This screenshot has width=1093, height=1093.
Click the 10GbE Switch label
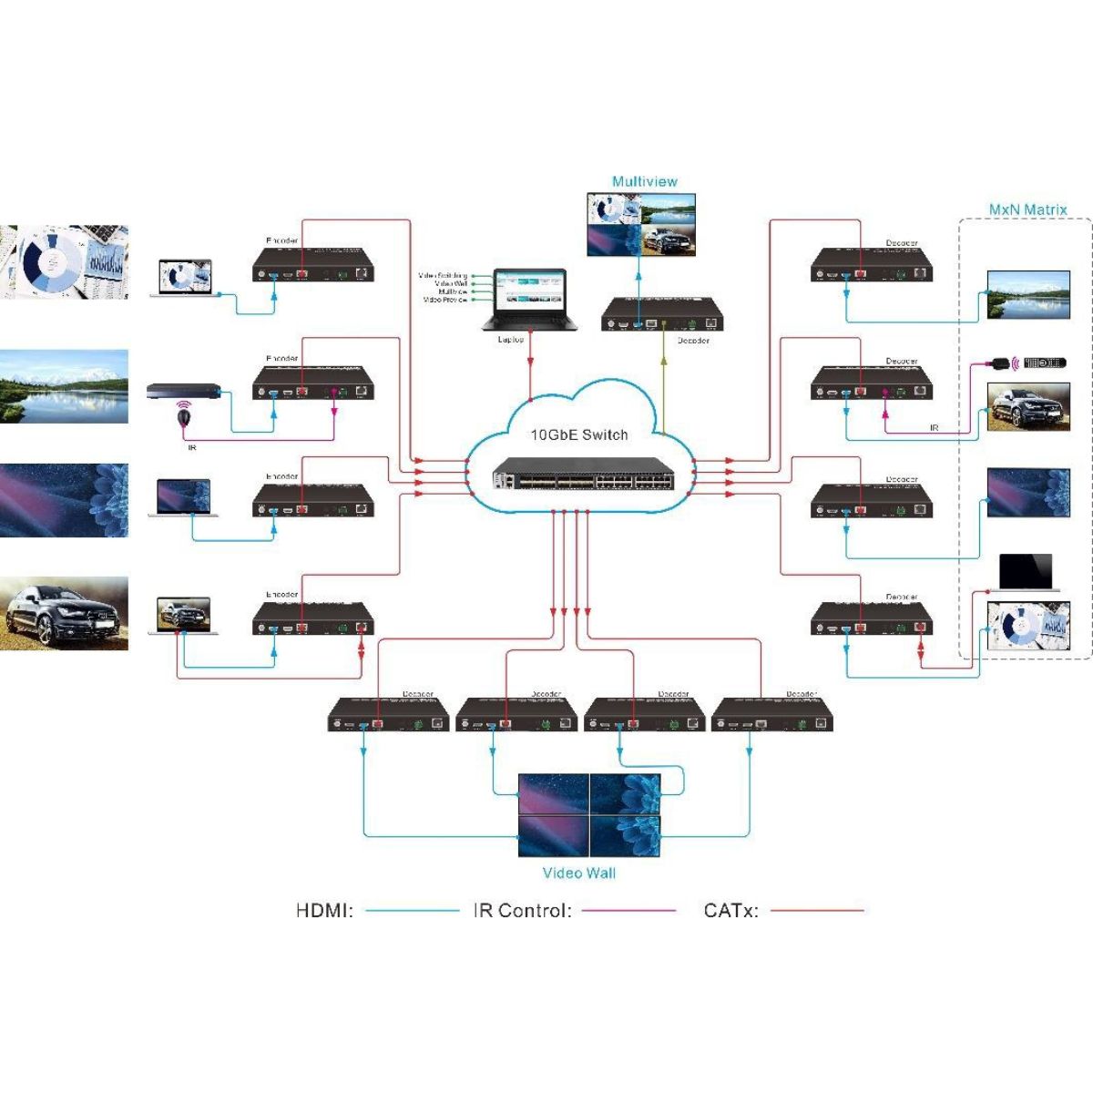(x=579, y=434)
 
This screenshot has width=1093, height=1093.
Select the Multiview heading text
(x=644, y=181)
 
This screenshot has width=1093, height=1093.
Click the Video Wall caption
(x=579, y=873)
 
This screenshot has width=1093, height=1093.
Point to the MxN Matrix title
(x=1027, y=209)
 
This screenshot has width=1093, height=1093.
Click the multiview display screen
(x=645, y=225)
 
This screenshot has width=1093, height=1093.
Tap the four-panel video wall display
(x=588, y=814)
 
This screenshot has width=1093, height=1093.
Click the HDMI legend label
(x=324, y=910)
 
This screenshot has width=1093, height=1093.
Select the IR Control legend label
(x=522, y=910)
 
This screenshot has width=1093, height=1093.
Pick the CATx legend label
(x=730, y=910)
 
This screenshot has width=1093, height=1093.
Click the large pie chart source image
(x=64, y=261)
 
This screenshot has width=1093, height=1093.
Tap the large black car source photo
(x=64, y=612)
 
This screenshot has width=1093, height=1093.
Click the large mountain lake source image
(x=64, y=386)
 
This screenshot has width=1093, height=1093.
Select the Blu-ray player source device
(x=183, y=391)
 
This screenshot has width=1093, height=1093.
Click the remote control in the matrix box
(x=1044, y=363)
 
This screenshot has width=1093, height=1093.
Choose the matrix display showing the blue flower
(x=1028, y=493)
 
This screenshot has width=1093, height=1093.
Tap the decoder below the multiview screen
(x=663, y=315)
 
